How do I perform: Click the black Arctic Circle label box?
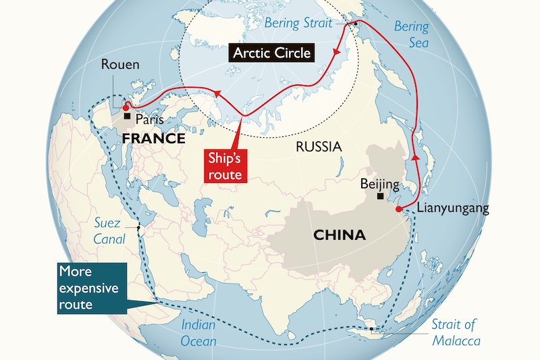click(x=271, y=53)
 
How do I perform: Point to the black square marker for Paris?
click(x=127, y=116)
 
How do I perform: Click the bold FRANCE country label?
click(x=154, y=138)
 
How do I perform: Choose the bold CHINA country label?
click(x=340, y=235)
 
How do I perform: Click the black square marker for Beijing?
click(x=381, y=196)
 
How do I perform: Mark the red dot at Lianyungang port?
click(x=398, y=209)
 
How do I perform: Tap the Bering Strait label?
click(x=298, y=23)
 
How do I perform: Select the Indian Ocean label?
click(x=198, y=333)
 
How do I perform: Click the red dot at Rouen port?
click(x=126, y=107)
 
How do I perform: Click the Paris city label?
click(x=149, y=118)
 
